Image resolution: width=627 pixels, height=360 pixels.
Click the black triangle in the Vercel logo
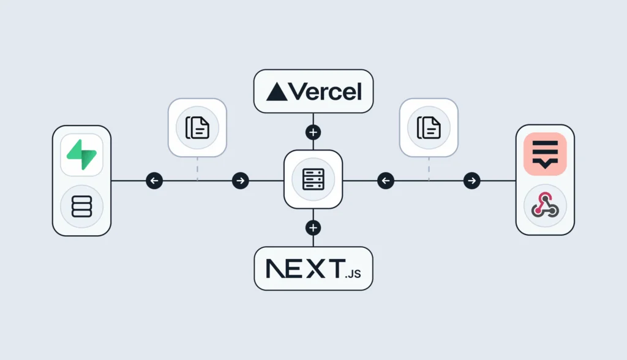[x=277, y=92]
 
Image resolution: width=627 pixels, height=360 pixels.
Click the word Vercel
[x=325, y=92]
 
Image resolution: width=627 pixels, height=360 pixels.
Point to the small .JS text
[x=353, y=274]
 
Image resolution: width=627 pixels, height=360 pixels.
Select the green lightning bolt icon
[x=81, y=155]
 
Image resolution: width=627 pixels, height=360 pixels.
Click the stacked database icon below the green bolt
[x=81, y=206]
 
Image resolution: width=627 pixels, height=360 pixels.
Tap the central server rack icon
[x=313, y=179]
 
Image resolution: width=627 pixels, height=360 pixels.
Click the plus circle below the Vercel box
[x=313, y=132]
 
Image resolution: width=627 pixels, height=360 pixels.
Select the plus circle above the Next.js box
[x=313, y=228]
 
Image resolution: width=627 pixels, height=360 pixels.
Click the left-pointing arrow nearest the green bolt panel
[x=154, y=181]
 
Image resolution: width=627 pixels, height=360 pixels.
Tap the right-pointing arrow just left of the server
[x=240, y=181]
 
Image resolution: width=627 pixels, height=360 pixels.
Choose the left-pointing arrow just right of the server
[x=386, y=181]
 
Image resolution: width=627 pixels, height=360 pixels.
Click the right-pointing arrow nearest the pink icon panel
[x=472, y=181]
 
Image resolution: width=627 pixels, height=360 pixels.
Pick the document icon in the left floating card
[x=197, y=127]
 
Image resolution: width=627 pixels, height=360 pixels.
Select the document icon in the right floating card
[x=429, y=127]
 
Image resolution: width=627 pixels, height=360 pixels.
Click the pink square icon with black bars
[x=545, y=154]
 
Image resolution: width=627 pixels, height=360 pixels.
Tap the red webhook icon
[x=545, y=205]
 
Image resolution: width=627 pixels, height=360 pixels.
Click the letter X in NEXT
[x=316, y=268]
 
